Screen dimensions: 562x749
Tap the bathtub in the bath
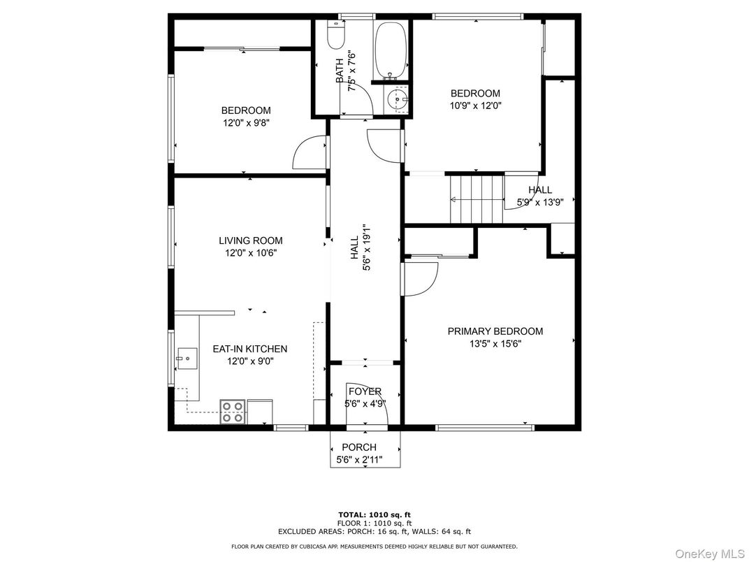click(x=390, y=50)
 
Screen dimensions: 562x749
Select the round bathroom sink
click(x=398, y=101)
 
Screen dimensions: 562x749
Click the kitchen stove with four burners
click(x=233, y=412)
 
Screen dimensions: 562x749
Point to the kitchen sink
click(x=186, y=359)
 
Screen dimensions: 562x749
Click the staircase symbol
click(x=477, y=199)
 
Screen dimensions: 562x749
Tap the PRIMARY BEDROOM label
click(x=495, y=331)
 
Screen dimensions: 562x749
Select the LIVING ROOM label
click(x=251, y=240)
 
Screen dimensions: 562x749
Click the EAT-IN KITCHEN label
click(x=250, y=349)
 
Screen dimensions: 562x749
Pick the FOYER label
click(x=365, y=391)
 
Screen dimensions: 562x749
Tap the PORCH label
click(x=359, y=447)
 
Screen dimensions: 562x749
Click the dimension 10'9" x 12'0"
click(x=475, y=106)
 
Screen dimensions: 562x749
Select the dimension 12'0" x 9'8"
click(x=246, y=122)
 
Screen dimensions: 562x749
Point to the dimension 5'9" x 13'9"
click(x=539, y=202)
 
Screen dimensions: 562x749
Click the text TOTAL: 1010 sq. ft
click(x=374, y=514)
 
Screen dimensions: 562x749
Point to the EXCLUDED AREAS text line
click(x=374, y=531)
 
